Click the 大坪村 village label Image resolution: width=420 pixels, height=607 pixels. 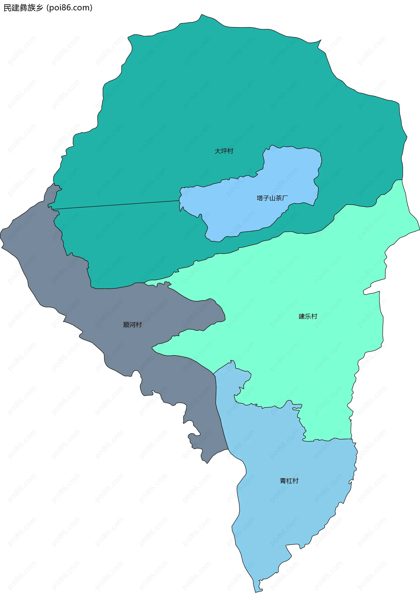(x=224, y=151)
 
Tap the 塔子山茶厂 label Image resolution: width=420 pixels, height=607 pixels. (x=272, y=198)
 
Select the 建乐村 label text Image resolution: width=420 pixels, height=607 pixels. (x=308, y=316)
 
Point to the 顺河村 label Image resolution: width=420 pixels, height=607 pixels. (x=132, y=325)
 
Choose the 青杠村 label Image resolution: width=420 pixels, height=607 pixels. (x=289, y=481)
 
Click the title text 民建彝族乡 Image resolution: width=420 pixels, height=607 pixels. (x=23, y=8)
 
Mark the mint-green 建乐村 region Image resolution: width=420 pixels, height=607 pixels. (x=303, y=276)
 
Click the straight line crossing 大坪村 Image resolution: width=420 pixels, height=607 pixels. (x=116, y=205)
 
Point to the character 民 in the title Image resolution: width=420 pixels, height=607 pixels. (x=7, y=8)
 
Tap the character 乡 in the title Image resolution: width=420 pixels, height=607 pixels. (x=39, y=8)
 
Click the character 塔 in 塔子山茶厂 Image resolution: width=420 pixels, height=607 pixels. (x=260, y=198)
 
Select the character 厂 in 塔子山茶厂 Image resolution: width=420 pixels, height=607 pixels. (x=285, y=198)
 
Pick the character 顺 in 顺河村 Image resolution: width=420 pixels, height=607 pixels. (x=126, y=325)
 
